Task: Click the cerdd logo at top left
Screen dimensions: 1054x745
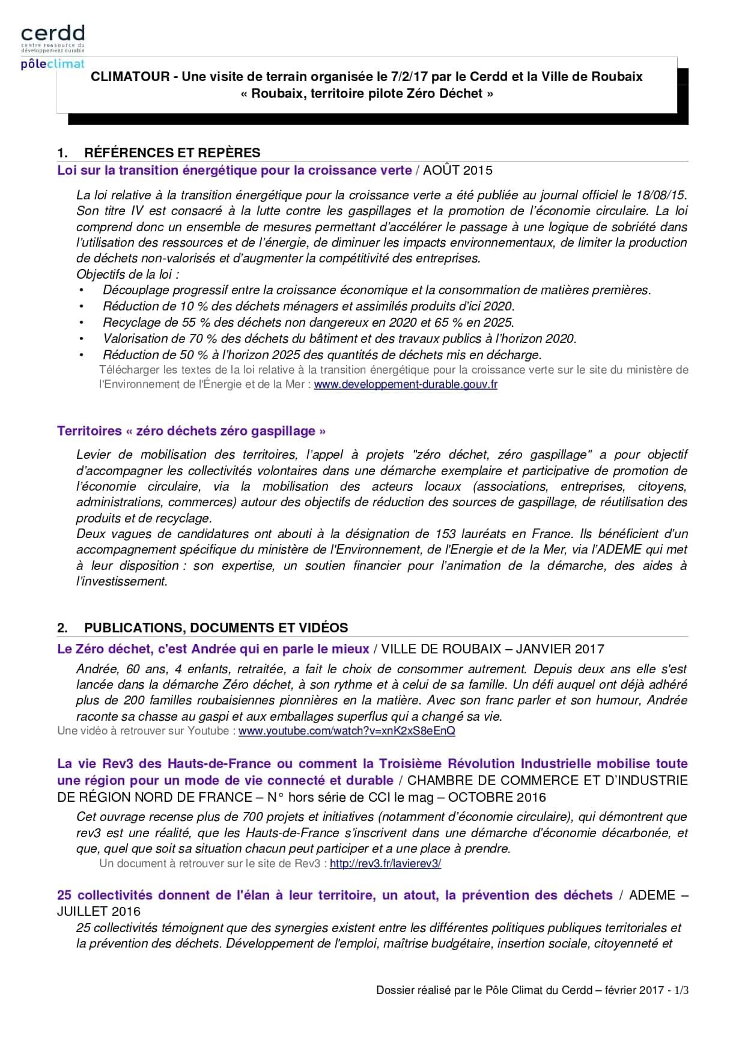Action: pyautogui.click(x=53, y=34)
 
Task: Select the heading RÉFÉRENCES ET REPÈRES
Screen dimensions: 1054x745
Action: pyautogui.click(x=172, y=153)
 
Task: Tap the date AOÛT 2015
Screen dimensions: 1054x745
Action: pyautogui.click(x=457, y=171)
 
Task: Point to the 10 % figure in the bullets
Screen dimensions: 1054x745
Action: pyautogui.click(x=194, y=306)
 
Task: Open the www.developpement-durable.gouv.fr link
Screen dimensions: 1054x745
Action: pyautogui.click(x=406, y=384)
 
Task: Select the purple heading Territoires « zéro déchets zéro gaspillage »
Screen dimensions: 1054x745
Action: pyautogui.click(x=191, y=431)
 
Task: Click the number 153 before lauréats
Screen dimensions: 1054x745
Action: pyautogui.click(x=443, y=534)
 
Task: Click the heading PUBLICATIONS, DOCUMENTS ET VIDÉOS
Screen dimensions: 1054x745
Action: pyautogui.click(x=216, y=628)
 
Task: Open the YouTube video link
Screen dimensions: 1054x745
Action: pyautogui.click(x=347, y=731)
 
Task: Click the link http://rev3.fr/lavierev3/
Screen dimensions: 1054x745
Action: pyautogui.click(x=385, y=864)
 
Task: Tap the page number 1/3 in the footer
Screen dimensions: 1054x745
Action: pyautogui.click(x=681, y=990)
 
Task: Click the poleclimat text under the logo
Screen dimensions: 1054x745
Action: pyautogui.click(x=52, y=64)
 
